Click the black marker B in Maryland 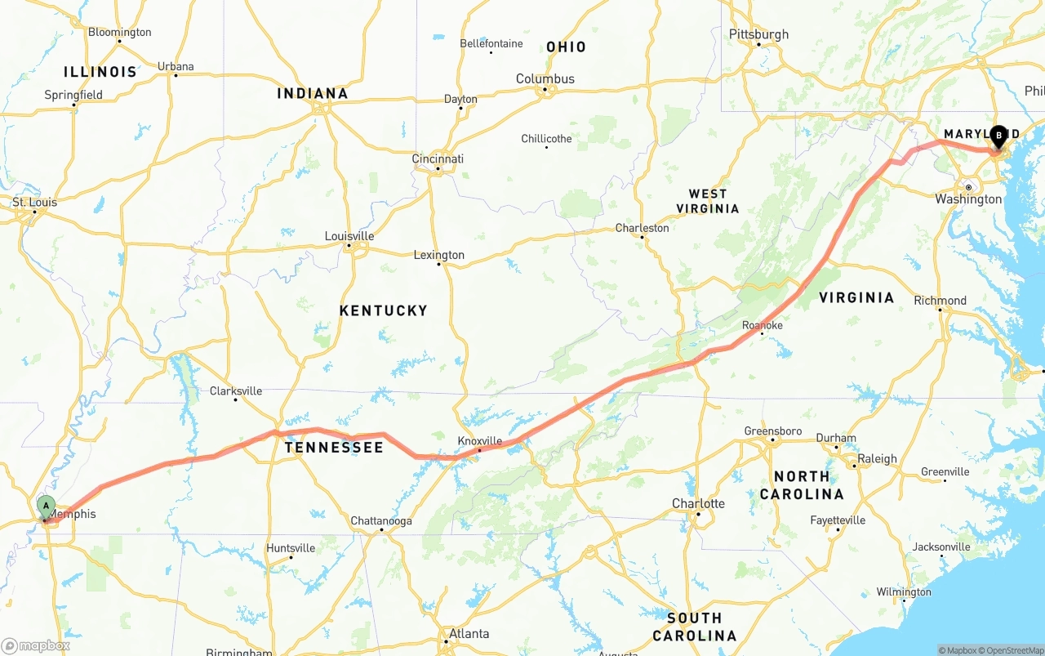click(998, 136)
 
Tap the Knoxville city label click(479, 441)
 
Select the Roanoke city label click(762, 325)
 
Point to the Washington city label click(968, 199)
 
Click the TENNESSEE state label click(334, 448)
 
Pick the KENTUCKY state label click(383, 310)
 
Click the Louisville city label click(349, 236)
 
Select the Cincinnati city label click(438, 158)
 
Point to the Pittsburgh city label click(758, 34)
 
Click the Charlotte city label click(698, 503)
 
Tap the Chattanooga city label click(381, 521)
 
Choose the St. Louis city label click(34, 202)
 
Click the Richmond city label click(940, 301)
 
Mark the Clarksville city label click(236, 390)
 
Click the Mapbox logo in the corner click(35, 645)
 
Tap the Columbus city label click(545, 78)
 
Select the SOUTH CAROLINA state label click(694, 627)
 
